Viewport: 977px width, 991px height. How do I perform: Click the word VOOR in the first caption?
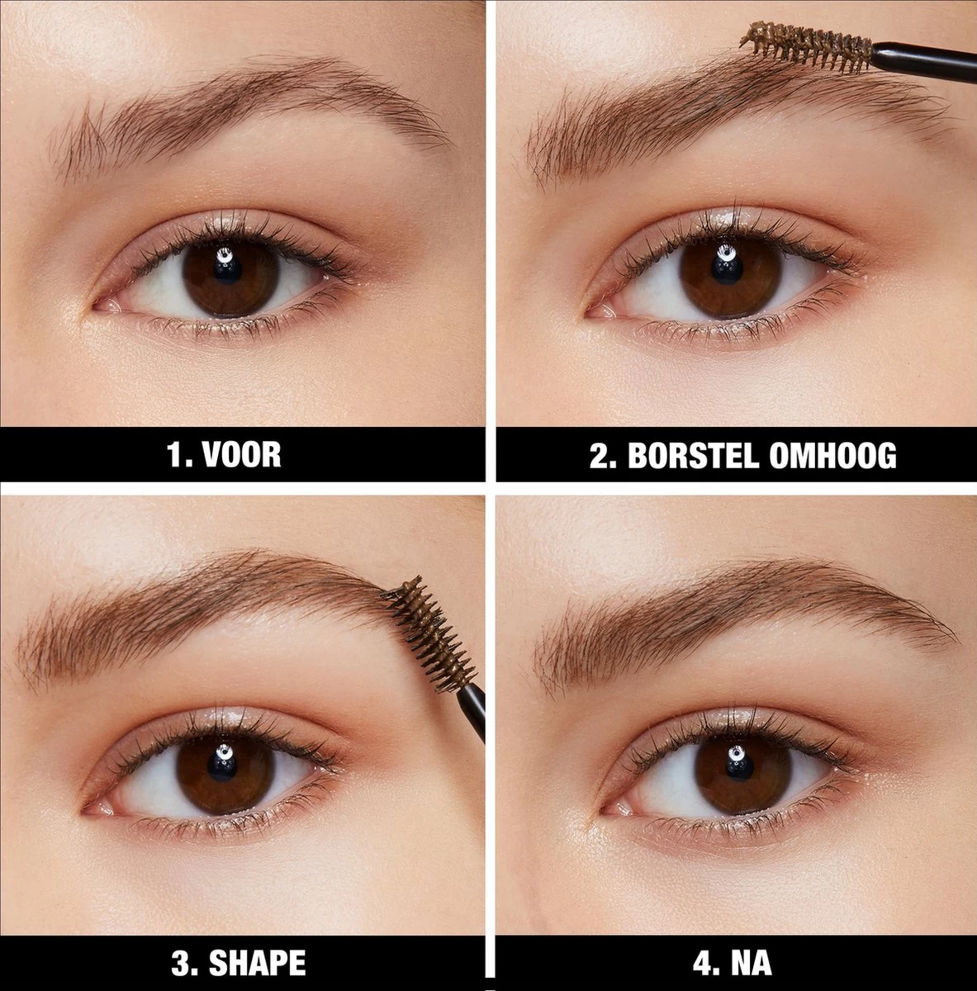(x=246, y=455)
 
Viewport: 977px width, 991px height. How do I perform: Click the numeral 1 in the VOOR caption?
(x=175, y=455)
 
